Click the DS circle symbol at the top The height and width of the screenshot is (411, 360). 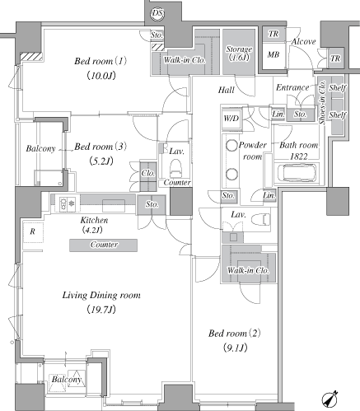click(157, 13)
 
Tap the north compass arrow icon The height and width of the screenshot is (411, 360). click(330, 399)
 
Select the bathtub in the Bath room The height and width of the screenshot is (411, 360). click(297, 173)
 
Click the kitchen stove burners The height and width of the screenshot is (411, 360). click(68, 203)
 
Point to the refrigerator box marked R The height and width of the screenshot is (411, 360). click(33, 232)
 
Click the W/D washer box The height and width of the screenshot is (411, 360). click(231, 119)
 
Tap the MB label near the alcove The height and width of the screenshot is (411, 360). click(274, 54)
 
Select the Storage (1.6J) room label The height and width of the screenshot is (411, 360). click(239, 53)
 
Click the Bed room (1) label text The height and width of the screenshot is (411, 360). click(101, 61)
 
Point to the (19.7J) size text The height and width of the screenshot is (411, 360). click(101, 310)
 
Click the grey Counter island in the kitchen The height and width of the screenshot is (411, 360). click(103, 245)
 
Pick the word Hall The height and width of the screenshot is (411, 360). click(227, 90)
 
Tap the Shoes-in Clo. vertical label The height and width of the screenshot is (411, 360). click(322, 102)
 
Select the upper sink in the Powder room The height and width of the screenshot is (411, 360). click(231, 145)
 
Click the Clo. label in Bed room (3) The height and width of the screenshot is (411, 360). click(148, 173)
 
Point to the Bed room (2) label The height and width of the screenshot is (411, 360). click(235, 334)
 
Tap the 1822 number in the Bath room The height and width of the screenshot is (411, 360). click(299, 156)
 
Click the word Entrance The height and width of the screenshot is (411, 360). click(292, 87)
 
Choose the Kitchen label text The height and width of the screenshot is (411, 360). click(94, 220)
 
